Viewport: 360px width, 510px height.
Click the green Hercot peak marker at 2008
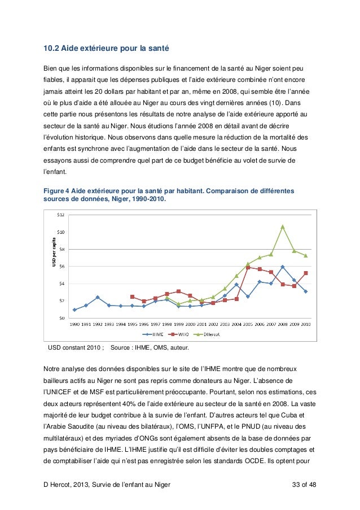point(282,226)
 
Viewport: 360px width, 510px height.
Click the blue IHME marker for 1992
point(98,297)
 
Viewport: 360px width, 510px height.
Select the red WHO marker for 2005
point(248,267)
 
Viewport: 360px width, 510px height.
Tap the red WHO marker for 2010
point(305,273)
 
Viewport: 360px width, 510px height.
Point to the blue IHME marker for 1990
point(74,310)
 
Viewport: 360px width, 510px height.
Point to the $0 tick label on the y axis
point(63,317)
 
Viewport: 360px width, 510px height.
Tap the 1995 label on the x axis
point(132,324)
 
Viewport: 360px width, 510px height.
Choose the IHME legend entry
point(151,334)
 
